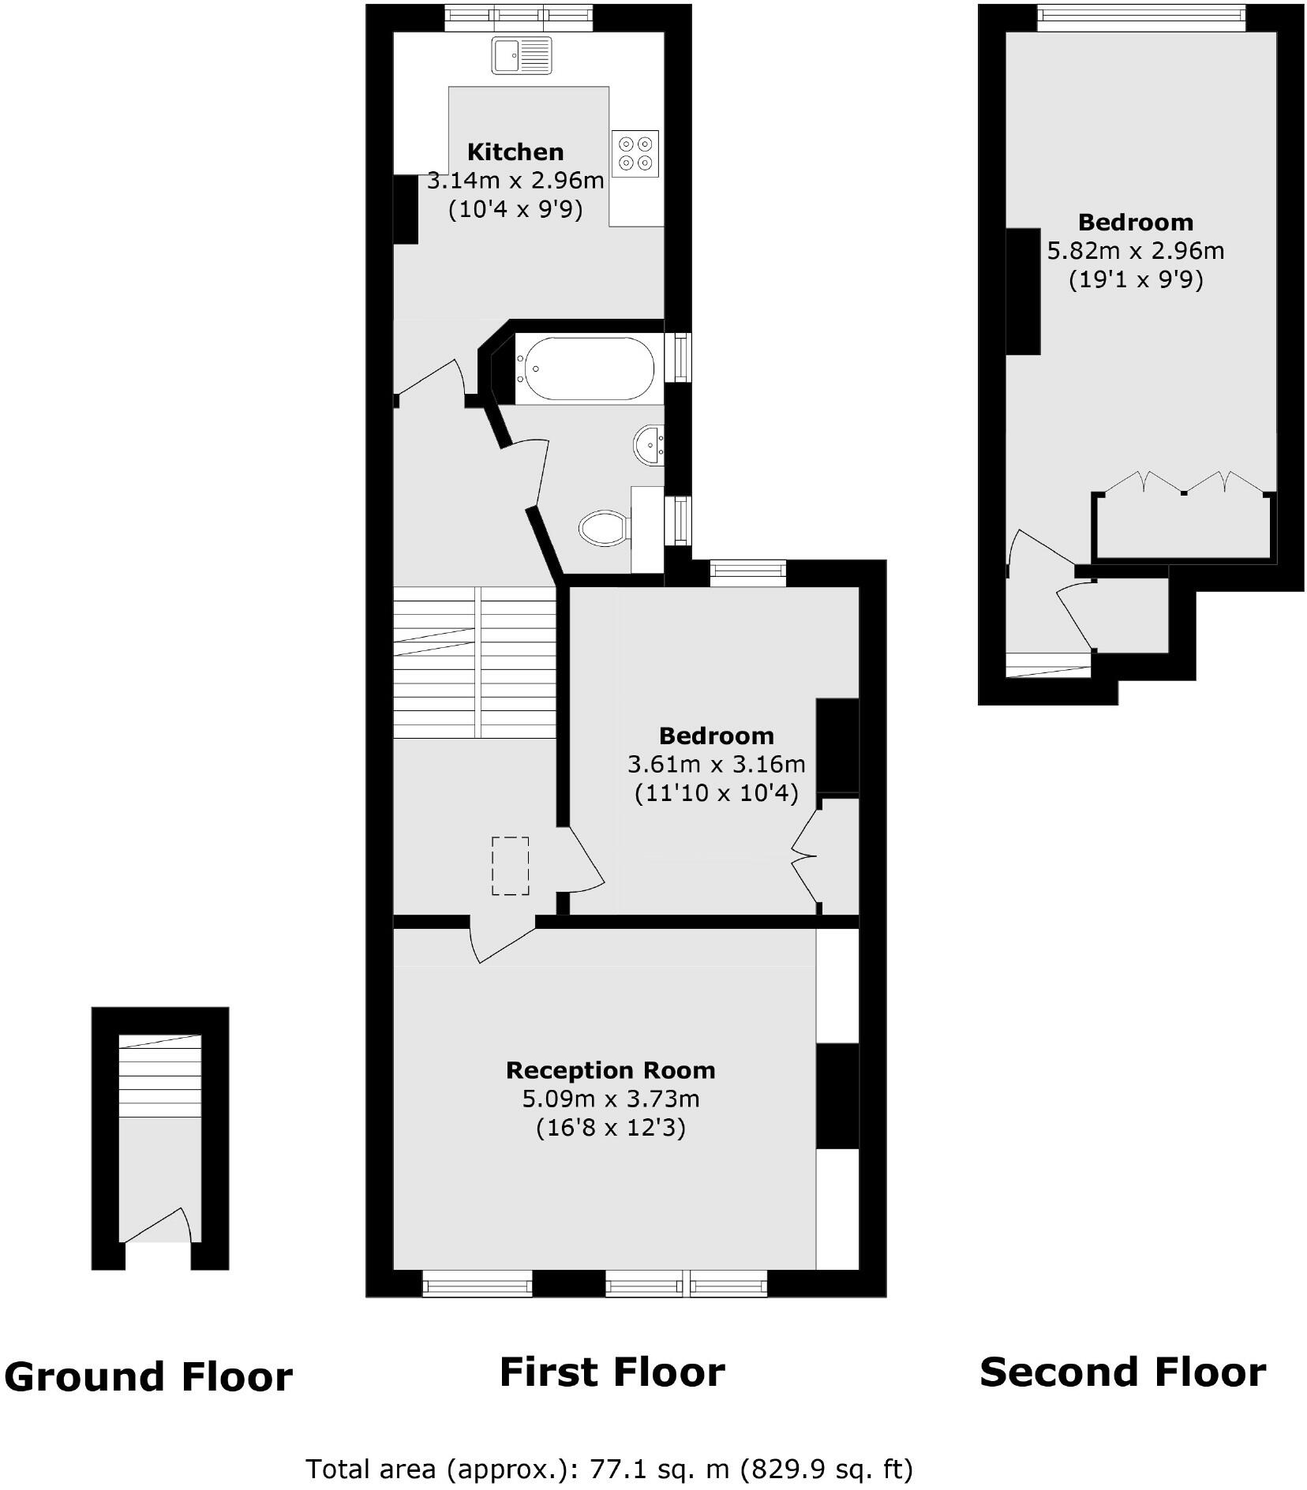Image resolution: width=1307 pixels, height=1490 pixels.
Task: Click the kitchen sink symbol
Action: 522,55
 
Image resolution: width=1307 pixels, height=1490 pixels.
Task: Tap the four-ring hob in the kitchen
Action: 635,153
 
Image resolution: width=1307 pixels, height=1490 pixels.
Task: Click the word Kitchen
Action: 515,152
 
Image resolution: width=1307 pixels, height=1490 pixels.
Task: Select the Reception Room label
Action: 610,1070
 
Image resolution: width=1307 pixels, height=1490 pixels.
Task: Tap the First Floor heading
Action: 612,1372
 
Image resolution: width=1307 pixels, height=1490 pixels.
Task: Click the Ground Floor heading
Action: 148,1376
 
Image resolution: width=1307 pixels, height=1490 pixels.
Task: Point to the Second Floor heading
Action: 1122,1372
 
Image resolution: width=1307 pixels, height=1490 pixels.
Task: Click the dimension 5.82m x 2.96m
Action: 1135,251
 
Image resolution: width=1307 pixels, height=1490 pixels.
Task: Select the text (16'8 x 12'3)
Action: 610,1128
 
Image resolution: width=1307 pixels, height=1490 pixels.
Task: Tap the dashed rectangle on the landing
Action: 510,866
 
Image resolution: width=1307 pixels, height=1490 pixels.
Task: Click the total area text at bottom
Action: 609,1469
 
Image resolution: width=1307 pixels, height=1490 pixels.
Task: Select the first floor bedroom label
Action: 716,736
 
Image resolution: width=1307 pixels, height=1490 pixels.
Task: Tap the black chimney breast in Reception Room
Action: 837,1095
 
